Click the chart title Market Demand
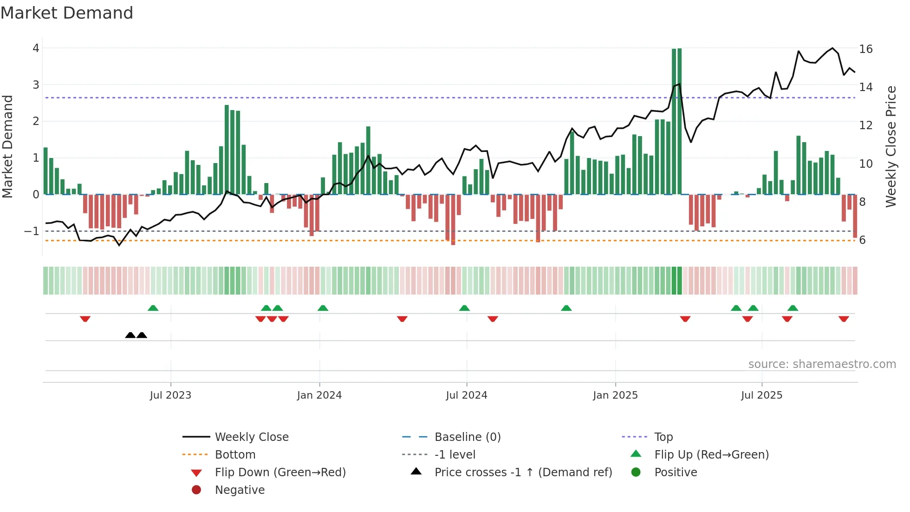tap(67, 13)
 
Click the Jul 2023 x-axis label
tap(170, 395)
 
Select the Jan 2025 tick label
tap(615, 395)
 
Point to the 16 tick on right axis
tap(865, 49)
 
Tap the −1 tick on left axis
tap(32, 231)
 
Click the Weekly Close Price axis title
tap(890, 146)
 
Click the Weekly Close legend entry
tap(251, 437)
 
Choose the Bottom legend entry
tap(235, 455)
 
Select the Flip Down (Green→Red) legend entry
tap(280, 473)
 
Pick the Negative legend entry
tap(240, 490)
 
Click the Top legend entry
tap(663, 437)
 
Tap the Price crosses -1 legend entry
tap(523, 473)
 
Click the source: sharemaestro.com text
tap(822, 364)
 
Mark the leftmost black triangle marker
tap(130, 335)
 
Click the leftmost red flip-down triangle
tap(85, 319)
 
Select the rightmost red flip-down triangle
tap(844, 319)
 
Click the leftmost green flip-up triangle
tap(153, 308)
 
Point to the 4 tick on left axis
tap(36, 48)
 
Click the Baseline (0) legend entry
tap(467, 437)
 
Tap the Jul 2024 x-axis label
tap(466, 395)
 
